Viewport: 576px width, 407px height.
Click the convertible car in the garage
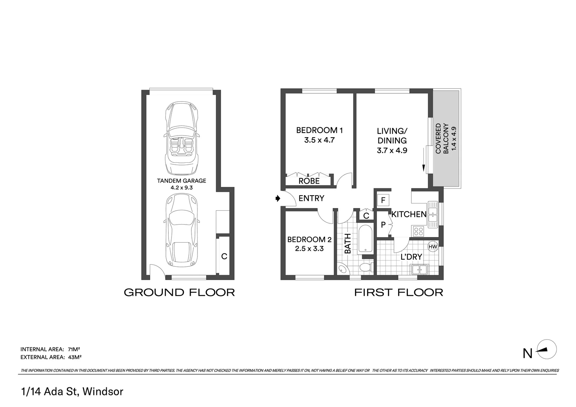181,138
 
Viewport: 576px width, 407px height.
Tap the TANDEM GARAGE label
181,181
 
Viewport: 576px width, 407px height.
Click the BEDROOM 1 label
319,130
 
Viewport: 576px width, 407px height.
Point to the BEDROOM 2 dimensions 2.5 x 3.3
309,249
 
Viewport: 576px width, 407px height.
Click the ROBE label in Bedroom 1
309,181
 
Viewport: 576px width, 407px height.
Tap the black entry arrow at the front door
278,198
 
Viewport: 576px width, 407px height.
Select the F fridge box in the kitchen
383,200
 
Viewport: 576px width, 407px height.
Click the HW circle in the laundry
433,247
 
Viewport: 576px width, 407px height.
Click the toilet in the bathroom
365,268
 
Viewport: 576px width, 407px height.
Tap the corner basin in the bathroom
343,269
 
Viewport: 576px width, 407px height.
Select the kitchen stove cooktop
418,231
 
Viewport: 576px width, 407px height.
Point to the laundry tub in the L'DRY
419,269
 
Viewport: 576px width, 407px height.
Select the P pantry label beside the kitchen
383,225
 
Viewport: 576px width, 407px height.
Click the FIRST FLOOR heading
398,292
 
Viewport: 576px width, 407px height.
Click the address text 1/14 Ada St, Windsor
72,392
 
